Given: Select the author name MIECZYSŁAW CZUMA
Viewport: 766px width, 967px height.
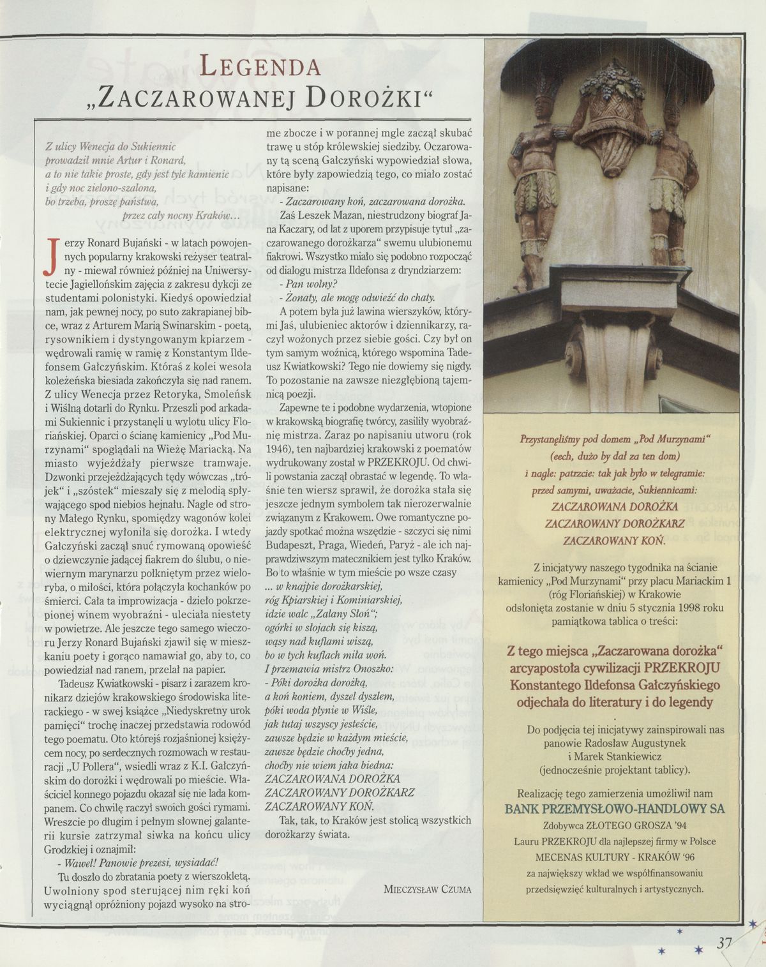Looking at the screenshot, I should pyautogui.click(x=428, y=888).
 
